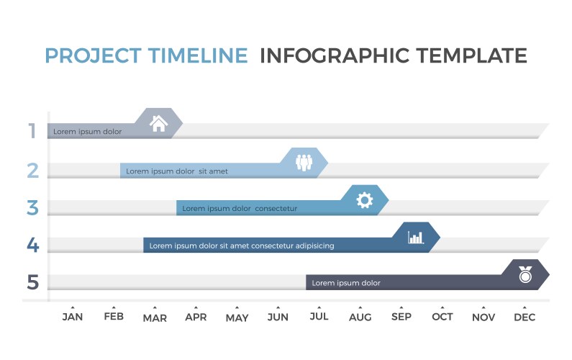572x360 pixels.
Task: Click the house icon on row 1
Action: coord(158,123)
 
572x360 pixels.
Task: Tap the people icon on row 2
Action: coord(304,162)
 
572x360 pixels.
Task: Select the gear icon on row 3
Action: coord(365,199)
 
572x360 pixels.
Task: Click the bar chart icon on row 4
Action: coord(416,237)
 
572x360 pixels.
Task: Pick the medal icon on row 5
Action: coord(526,274)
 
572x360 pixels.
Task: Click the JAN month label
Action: coord(73,317)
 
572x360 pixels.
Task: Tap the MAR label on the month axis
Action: coord(155,318)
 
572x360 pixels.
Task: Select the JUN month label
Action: coord(278,317)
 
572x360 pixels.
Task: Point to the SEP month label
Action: coord(401,317)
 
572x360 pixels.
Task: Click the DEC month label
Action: coord(525,318)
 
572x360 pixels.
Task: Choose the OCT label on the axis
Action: coord(442,317)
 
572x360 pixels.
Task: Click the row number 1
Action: coord(32,131)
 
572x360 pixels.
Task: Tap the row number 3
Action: coord(32,207)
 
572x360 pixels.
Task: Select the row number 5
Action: coord(32,282)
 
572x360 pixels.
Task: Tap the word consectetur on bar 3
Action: coord(276,209)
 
